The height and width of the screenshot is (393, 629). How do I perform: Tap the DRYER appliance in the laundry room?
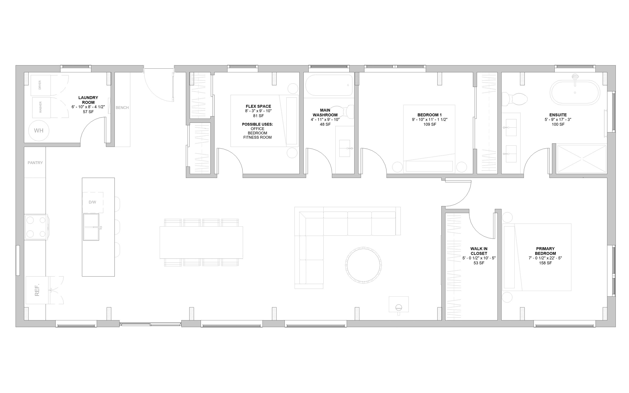pyautogui.click(x=40, y=85)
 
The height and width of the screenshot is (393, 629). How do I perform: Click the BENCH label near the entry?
pyautogui.click(x=122, y=108)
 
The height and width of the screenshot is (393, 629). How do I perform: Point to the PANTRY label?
pyautogui.click(x=35, y=163)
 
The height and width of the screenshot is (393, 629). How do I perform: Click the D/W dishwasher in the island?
pyautogui.click(x=92, y=202)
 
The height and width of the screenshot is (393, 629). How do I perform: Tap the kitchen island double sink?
pyautogui.click(x=91, y=227)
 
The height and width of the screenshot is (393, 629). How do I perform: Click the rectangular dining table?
pyautogui.click(x=201, y=243)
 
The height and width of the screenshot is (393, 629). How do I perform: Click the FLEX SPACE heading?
pyautogui.click(x=258, y=106)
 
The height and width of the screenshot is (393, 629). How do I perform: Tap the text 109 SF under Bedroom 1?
pyautogui.click(x=430, y=124)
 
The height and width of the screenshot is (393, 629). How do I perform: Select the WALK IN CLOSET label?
pyautogui.click(x=479, y=251)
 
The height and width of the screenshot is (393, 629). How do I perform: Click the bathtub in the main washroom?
pyautogui.click(x=329, y=85)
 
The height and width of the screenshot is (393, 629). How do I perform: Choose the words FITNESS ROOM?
pyautogui.click(x=257, y=137)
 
